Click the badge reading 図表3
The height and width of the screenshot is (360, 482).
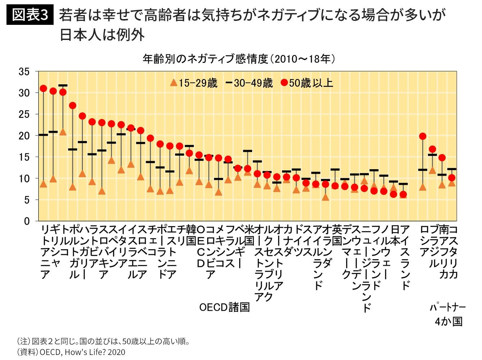[x=30, y=15]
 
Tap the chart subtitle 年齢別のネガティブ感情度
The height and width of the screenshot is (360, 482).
[x=205, y=59]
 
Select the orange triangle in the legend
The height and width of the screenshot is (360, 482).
[x=173, y=83]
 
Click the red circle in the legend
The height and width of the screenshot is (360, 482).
[x=284, y=83]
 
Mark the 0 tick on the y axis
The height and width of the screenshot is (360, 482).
[x=27, y=221]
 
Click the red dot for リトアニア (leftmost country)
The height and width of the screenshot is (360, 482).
[x=43, y=89]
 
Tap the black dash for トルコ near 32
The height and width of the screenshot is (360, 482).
[x=63, y=86]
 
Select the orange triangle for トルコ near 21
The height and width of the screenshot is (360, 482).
[x=63, y=132]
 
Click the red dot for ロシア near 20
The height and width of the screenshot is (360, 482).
[x=423, y=136]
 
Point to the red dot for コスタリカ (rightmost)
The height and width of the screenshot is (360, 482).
[x=452, y=178]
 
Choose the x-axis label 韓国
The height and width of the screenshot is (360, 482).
[x=191, y=235]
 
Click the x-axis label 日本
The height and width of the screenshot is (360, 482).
[x=395, y=235]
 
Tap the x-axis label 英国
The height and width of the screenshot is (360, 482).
[x=337, y=235]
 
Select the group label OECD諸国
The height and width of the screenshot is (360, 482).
[x=224, y=307]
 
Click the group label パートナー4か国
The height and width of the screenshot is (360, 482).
[x=447, y=314]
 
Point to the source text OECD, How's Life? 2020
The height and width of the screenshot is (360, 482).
[x=82, y=352]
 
